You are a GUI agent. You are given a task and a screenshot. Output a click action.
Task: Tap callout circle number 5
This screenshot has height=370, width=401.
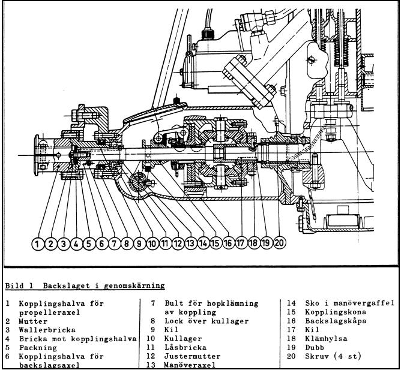(88, 243)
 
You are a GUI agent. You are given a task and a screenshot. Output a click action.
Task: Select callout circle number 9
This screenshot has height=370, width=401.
(139, 243)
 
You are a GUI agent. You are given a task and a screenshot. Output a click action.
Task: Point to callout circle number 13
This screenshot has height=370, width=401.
(190, 243)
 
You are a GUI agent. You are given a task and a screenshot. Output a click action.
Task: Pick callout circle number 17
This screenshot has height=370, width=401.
(241, 243)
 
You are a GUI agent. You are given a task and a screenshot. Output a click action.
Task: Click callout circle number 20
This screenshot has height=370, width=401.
(280, 243)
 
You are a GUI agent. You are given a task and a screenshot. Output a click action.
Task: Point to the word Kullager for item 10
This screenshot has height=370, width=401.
(185, 338)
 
